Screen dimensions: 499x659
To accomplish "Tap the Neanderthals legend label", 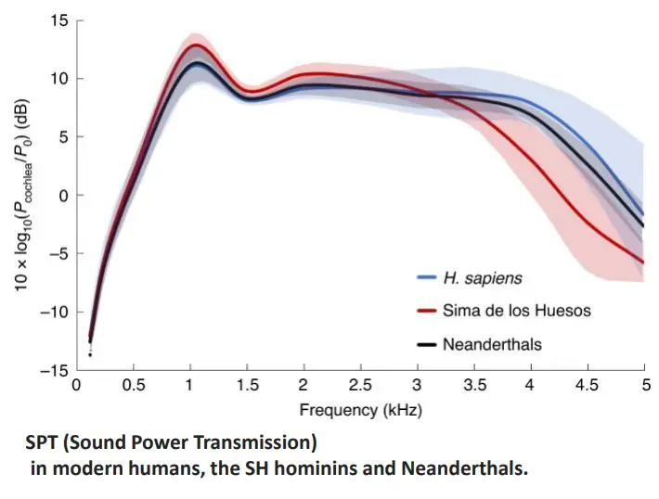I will (x=492, y=344).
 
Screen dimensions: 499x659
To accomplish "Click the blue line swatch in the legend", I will (x=427, y=277).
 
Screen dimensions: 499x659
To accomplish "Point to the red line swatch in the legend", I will (x=427, y=311).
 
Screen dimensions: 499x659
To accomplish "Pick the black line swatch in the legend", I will (x=427, y=344).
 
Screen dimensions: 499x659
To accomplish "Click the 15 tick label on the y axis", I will (x=60, y=20).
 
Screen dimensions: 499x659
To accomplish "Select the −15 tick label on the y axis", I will (x=55, y=369).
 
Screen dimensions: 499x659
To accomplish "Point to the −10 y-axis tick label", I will (x=55, y=312).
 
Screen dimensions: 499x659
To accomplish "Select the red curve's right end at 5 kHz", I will (x=644, y=262).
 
